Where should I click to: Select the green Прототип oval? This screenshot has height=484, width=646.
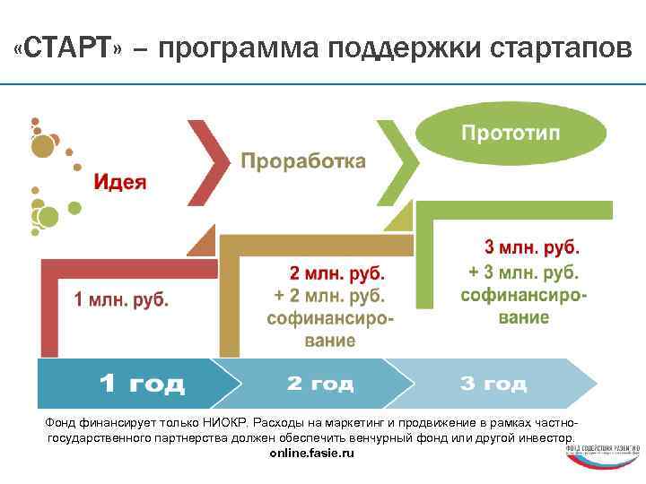[x=511, y=134]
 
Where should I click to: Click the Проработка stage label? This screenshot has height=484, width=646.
[x=303, y=161]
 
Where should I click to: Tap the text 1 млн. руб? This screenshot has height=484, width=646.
[x=121, y=299]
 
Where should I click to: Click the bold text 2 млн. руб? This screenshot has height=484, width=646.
[x=336, y=272]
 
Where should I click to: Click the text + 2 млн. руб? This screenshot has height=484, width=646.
[x=329, y=295]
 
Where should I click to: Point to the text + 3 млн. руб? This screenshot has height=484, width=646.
[x=524, y=272]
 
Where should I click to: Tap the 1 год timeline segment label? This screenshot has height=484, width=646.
[x=141, y=385]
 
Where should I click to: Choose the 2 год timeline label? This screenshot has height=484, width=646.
[x=320, y=384]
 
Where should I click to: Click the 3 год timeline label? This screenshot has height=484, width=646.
[x=493, y=384]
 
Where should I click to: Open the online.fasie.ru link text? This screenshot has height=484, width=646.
[x=312, y=454]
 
